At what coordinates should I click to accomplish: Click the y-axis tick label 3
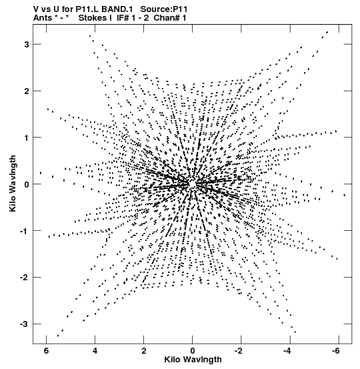coord(26,44)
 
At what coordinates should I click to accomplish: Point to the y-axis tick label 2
coord(26,91)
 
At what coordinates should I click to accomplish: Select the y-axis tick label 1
coord(27,137)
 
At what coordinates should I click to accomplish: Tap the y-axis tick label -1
coord(25,231)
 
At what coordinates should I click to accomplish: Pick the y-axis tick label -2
coord(25,278)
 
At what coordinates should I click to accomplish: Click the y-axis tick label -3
coord(25,324)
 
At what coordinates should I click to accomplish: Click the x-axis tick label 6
coord(46,351)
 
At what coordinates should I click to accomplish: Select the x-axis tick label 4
coord(95,351)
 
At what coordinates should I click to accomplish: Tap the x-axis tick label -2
coord(238,351)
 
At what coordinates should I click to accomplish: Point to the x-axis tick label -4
coord(287,351)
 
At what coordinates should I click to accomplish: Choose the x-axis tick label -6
coord(336,351)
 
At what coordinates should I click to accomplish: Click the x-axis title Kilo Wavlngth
coord(193,360)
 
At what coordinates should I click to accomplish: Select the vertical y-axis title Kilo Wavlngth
coord(13,183)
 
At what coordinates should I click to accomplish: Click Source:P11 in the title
coord(164,9)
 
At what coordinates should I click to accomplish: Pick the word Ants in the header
coord(42,18)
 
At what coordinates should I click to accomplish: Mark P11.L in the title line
coord(87,9)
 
